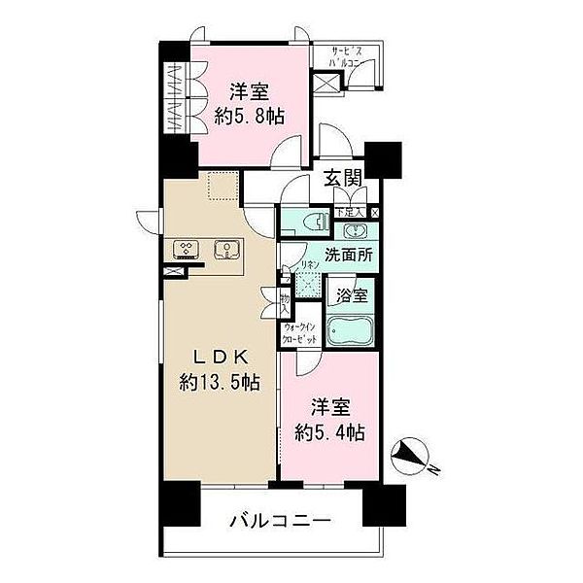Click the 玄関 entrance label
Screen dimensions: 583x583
point(343,178)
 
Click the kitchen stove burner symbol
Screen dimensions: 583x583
point(185,249)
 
